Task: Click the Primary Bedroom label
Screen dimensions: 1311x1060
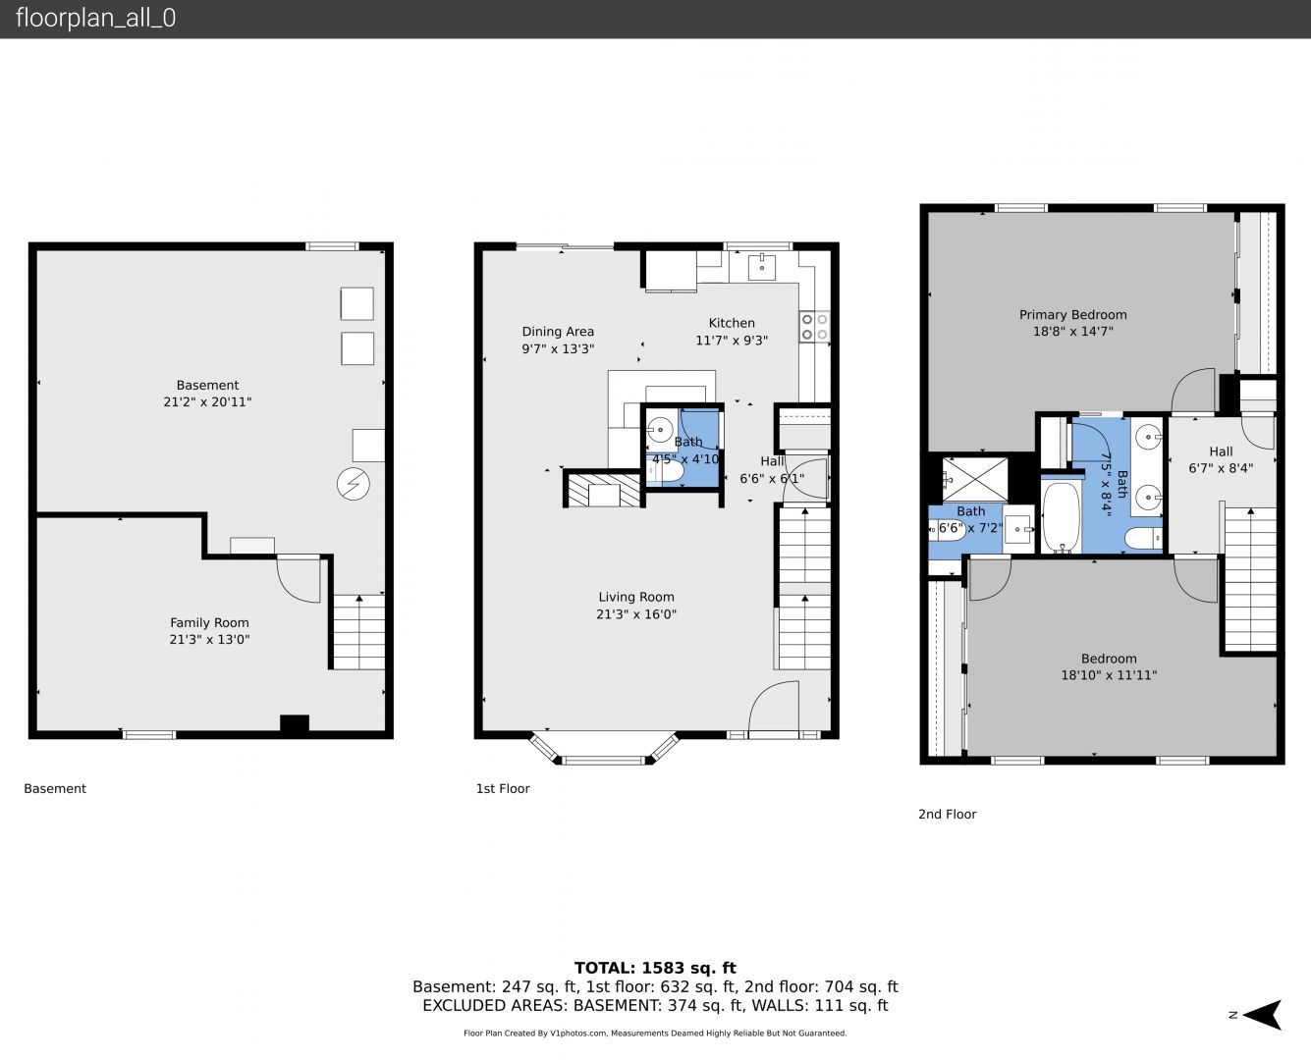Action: [x=1072, y=314]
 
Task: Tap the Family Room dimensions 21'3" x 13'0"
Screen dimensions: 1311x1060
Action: [x=209, y=639]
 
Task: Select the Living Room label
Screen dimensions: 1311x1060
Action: [x=636, y=597]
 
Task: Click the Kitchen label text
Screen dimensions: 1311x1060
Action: [x=732, y=323]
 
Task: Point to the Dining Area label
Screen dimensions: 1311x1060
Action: [x=558, y=332]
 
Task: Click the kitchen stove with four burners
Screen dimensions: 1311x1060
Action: [x=814, y=327]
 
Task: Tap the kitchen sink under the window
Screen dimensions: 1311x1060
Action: [x=761, y=266]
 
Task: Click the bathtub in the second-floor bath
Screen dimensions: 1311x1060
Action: [x=1062, y=517]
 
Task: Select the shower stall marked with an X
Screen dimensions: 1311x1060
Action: [x=975, y=479]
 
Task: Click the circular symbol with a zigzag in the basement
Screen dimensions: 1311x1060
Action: [x=354, y=484]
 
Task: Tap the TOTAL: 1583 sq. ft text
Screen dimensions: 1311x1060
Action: [x=655, y=969]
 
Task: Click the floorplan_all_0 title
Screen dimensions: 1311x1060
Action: [x=96, y=18]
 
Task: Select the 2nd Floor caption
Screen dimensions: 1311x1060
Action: [x=948, y=814]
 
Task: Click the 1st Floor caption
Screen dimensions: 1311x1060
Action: [x=503, y=788]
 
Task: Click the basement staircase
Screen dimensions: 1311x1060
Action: [x=359, y=632]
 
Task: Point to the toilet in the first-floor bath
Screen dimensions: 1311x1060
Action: [x=666, y=472]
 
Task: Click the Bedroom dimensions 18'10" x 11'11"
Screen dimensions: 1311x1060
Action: [x=1109, y=675]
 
